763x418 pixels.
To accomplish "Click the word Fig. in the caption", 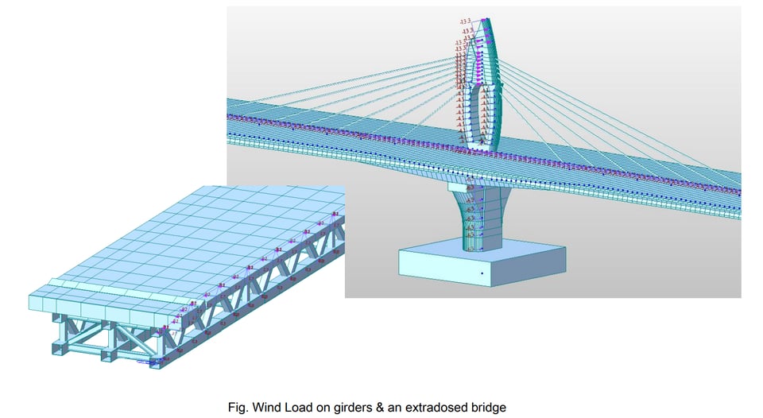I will click(238, 408).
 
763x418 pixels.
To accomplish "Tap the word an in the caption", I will click(398, 408).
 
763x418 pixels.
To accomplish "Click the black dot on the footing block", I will click(482, 274).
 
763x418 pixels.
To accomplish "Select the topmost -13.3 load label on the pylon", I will click(465, 21).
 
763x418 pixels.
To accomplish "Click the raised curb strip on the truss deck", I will click(95, 286).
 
